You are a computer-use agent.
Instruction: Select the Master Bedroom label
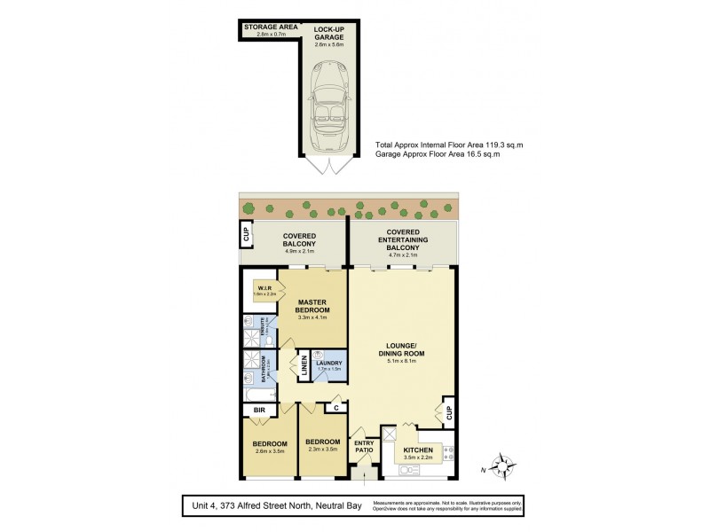tap(313, 307)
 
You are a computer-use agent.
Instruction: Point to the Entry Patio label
tap(364, 447)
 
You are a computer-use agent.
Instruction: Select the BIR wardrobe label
tap(260, 411)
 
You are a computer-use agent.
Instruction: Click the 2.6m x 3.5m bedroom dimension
tap(270, 452)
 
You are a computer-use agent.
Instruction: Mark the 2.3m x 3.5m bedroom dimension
tap(322, 450)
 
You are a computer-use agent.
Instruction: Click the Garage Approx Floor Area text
tap(438, 154)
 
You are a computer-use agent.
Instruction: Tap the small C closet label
tap(336, 408)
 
